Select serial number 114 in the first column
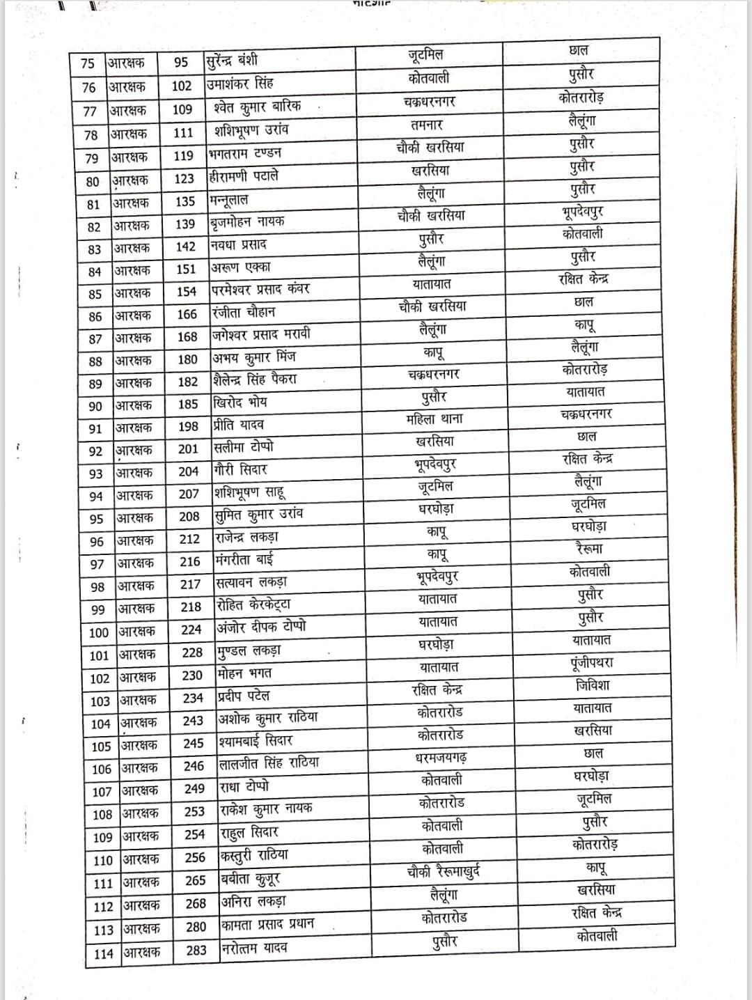click(x=103, y=953)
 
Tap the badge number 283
click(x=196, y=950)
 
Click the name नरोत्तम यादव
click(x=254, y=948)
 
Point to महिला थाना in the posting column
click(x=434, y=419)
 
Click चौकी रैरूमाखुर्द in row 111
click(x=444, y=872)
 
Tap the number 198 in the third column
click(x=188, y=426)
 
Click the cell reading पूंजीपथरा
click(x=591, y=662)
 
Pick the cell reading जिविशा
click(x=593, y=685)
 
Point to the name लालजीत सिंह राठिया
click(x=269, y=763)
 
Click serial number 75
click(x=88, y=63)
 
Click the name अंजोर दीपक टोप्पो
click(x=261, y=627)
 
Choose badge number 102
click(x=181, y=86)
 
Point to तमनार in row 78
click(x=427, y=125)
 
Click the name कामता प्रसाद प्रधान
click(x=268, y=925)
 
